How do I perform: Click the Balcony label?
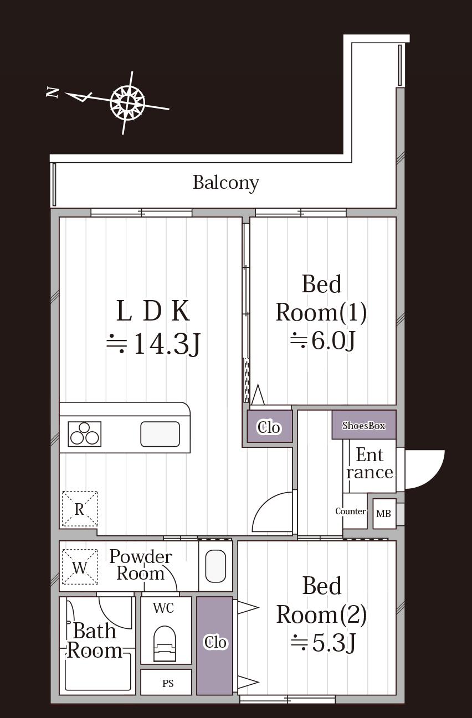[225, 183]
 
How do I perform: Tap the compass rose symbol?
[127, 102]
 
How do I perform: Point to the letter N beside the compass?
[52, 92]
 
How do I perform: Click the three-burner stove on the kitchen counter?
[84, 434]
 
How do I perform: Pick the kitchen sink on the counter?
[160, 434]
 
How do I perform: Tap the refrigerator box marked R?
[80, 509]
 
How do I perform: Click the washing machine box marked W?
[80, 567]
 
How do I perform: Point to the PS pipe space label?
[168, 683]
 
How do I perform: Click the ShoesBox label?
[363, 425]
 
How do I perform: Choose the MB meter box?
[384, 514]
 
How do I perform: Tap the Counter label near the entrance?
[350, 511]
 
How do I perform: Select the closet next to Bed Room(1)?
[270, 427]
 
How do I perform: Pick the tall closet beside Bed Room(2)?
[214, 645]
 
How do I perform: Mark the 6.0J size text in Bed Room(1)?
[323, 340]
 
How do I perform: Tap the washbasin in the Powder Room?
[216, 566]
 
